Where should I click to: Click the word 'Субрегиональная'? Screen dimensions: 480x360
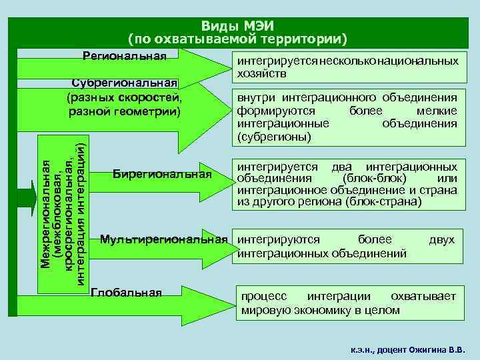click(125, 83)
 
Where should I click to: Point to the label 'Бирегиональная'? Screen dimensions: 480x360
click(162, 175)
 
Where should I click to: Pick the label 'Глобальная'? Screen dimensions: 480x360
click(126, 292)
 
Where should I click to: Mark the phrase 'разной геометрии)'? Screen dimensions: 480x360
click(125, 110)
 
